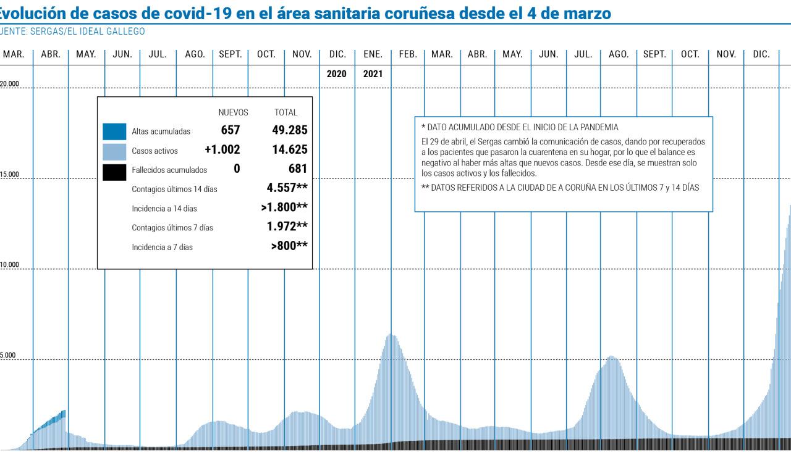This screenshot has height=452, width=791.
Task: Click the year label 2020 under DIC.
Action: [x=337, y=73]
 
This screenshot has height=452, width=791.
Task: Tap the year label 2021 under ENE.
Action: [x=373, y=73]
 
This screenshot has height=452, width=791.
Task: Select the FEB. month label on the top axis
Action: [x=408, y=54]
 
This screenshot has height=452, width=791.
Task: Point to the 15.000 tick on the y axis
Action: [x=10, y=175]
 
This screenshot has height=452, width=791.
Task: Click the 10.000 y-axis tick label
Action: [x=10, y=266]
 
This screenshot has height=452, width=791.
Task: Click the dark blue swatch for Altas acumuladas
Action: [x=114, y=132]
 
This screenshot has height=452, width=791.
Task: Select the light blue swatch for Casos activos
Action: [x=114, y=151]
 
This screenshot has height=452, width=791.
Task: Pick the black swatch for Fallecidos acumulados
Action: [x=114, y=170]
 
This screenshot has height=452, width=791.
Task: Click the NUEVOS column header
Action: [x=233, y=112]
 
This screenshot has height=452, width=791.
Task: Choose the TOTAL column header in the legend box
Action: [x=286, y=112]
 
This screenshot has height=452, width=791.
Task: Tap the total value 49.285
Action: [x=289, y=130]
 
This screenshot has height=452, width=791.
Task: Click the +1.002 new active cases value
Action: [x=222, y=149]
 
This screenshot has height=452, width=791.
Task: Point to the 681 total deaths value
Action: [x=297, y=169]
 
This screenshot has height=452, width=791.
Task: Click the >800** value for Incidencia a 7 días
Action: [x=289, y=246]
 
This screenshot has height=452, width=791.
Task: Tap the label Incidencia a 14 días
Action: [x=164, y=209]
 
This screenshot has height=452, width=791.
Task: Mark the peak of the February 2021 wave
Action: [x=391, y=335]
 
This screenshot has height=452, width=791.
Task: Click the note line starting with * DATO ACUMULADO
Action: [x=519, y=127]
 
